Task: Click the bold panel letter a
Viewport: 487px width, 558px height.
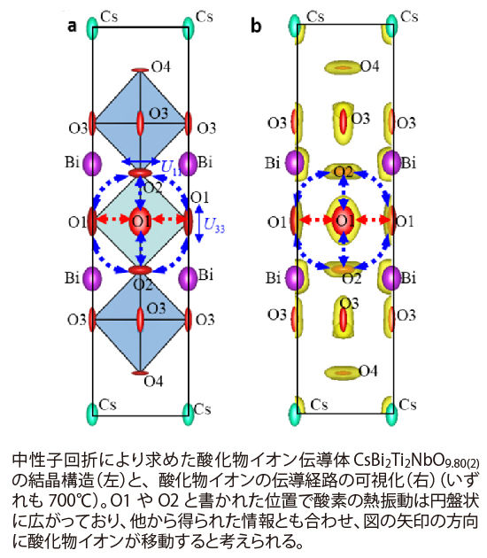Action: pos(73,26)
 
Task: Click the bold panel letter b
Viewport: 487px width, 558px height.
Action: pos(256,26)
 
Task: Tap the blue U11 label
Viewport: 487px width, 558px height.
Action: pos(171,167)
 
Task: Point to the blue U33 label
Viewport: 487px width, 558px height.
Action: pos(214,225)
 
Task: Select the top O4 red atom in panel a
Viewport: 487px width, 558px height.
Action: pos(140,70)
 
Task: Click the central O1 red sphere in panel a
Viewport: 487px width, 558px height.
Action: pos(141,221)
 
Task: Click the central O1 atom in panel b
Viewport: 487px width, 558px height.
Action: pos(344,221)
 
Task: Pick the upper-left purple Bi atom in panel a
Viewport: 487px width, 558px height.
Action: pos(92,164)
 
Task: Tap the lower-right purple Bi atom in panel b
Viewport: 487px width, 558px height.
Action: pos(392,277)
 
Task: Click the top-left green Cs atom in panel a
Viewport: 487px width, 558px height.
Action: pos(92,28)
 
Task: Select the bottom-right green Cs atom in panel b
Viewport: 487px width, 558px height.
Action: pos(392,414)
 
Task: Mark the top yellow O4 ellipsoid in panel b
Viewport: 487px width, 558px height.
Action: pos(343,67)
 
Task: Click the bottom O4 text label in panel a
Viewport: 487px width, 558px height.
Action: pos(153,381)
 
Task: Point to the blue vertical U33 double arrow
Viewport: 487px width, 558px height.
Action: pos(199,223)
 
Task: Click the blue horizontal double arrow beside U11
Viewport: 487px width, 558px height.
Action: pos(141,162)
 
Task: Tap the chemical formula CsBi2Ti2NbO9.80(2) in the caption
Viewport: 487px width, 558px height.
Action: pos(416,461)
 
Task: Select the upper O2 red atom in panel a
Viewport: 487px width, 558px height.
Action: pos(140,173)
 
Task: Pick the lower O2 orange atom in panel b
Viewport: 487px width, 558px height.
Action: pos(344,267)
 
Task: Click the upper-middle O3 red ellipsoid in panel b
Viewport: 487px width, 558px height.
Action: pos(344,120)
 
